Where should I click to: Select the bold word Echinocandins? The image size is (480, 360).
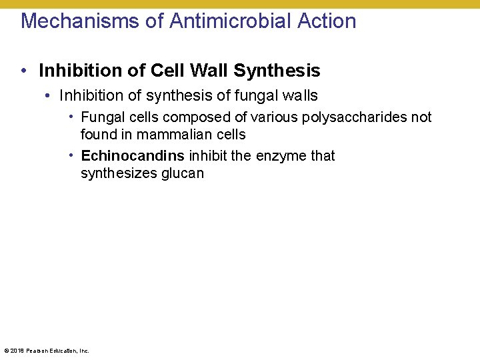coord(133,156)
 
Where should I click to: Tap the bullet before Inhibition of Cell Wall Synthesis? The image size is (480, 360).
coord(23,70)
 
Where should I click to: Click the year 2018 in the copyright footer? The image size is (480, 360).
coord(17,351)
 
